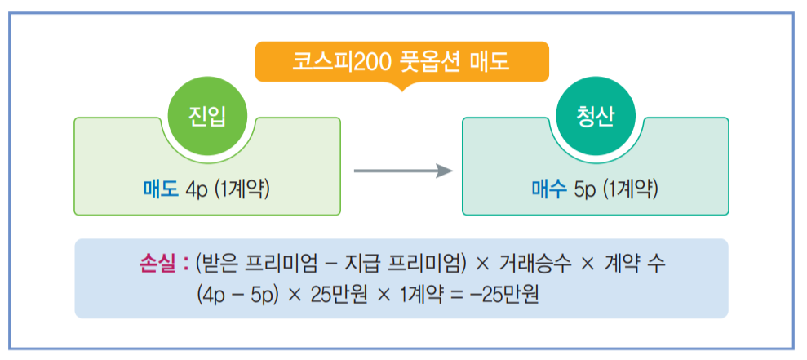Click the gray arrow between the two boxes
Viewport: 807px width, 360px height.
(402, 171)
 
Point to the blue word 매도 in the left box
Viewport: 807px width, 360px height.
(162, 190)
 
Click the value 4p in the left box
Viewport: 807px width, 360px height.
(197, 190)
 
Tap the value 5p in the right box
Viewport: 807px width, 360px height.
(585, 190)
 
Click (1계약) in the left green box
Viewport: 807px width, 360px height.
(242, 190)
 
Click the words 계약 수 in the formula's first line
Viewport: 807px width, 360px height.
(636, 264)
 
